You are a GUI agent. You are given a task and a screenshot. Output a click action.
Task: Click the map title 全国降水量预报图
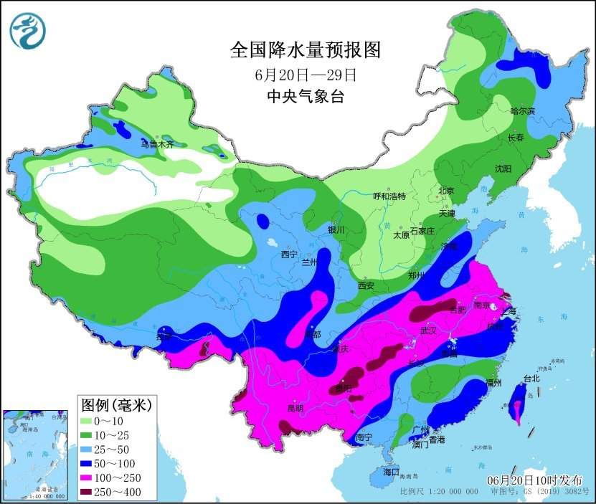tap(305, 49)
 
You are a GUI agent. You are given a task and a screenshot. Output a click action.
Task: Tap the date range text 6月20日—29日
tap(306, 75)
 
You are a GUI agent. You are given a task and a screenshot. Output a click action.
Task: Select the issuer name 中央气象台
tap(305, 96)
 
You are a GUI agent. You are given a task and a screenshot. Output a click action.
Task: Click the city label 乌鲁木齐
tap(157, 144)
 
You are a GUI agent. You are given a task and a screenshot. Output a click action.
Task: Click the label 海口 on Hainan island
tap(390, 472)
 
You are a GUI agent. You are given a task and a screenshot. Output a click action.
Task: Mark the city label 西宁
tap(288, 254)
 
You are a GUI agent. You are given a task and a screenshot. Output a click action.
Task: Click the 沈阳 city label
tap(503, 168)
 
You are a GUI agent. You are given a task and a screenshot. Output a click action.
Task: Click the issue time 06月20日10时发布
tap(534, 479)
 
